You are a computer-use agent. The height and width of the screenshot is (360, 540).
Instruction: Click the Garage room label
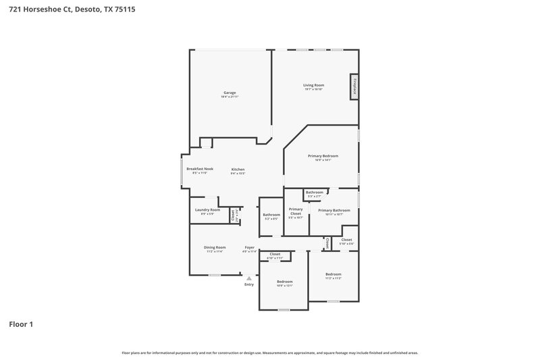tap(230, 93)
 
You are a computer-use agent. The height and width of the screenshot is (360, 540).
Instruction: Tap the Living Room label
tap(313, 85)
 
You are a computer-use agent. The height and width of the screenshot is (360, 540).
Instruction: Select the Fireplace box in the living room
tap(353, 87)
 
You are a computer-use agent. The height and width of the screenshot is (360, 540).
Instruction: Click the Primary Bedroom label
tap(323, 156)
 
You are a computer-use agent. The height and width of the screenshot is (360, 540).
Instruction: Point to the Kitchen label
tap(238, 169)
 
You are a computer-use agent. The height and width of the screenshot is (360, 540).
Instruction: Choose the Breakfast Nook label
tap(200, 169)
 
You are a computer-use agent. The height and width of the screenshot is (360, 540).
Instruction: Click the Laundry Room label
tap(207, 210)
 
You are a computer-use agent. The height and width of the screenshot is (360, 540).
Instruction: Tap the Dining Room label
tap(215, 248)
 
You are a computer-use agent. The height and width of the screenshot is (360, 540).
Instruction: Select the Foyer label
tap(249, 248)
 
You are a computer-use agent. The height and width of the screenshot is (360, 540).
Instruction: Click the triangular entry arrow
tap(249, 277)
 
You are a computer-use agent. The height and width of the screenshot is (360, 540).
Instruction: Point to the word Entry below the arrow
tap(249, 284)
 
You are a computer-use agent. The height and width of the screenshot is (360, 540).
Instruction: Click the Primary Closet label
tap(296, 211)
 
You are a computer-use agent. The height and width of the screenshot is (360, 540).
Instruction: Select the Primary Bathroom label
tap(334, 210)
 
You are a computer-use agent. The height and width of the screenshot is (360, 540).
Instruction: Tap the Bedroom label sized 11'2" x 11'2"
tap(333, 274)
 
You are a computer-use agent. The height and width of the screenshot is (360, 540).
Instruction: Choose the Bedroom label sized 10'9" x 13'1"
tap(285, 282)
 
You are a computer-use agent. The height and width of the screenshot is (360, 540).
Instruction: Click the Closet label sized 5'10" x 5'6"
tap(346, 240)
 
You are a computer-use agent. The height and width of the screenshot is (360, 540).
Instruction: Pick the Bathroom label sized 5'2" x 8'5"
tap(271, 215)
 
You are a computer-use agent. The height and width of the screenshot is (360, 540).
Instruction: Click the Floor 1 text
tap(20, 324)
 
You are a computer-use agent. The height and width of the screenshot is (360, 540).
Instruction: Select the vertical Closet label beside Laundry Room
tap(233, 215)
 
